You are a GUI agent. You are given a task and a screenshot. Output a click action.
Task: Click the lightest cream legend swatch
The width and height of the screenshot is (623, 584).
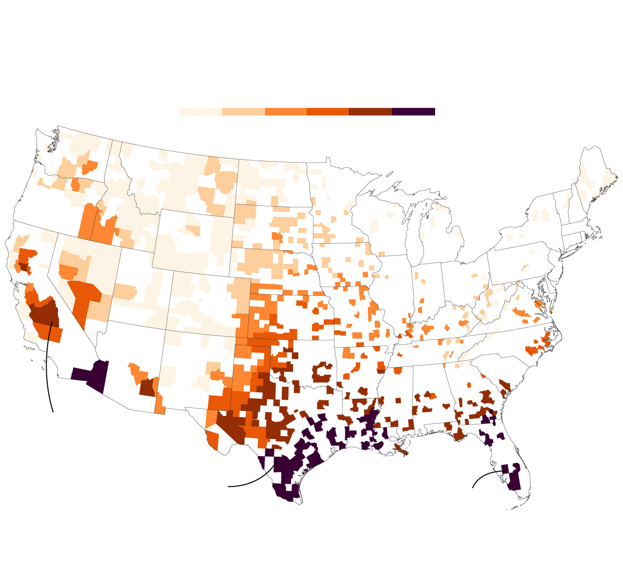coord(200,112)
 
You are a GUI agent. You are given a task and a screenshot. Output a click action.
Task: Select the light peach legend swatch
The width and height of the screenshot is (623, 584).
coord(243,112)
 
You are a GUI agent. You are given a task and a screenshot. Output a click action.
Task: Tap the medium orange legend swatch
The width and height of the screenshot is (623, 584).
coord(286,112)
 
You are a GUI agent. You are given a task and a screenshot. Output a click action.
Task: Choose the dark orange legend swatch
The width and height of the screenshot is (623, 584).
coord(328,112)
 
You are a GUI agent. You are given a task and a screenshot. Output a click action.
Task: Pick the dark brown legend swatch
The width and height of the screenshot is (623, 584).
coord(370,112)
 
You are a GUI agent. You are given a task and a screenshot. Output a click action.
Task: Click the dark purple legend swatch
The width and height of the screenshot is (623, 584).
coord(413,112)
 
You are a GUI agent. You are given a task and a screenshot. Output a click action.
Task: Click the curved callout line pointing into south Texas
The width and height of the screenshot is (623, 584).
coord(253,482)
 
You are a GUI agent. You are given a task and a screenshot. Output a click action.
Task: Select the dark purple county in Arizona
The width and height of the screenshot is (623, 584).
coord(99,376)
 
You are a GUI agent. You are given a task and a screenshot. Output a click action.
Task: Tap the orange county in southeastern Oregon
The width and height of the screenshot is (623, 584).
coord(88,221)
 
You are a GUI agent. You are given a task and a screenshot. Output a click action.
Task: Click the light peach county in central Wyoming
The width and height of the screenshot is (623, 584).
coord(193,229)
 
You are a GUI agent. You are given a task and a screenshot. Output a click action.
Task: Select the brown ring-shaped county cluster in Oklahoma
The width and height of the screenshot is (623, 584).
coord(322,372)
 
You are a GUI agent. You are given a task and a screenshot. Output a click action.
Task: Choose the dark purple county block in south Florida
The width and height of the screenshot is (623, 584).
coord(513,479)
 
